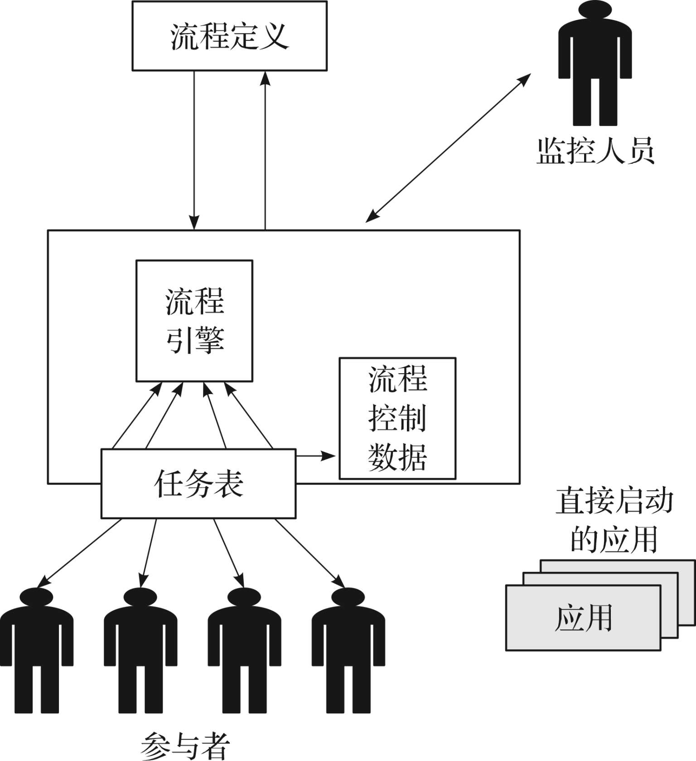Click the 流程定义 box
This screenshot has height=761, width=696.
(229, 36)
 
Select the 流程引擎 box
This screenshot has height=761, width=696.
(194, 321)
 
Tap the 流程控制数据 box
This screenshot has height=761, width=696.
(397, 418)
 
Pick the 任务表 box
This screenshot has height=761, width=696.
(198, 483)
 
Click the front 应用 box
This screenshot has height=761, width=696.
(583, 618)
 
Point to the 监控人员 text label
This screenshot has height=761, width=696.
(595, 151)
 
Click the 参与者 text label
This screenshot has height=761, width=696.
(185, 746)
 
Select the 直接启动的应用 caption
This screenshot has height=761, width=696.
(614, 520)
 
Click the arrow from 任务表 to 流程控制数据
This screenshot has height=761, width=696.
(315, 455)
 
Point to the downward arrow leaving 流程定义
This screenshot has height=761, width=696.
(194, 150)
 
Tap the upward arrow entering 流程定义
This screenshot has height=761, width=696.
(265, 150)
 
